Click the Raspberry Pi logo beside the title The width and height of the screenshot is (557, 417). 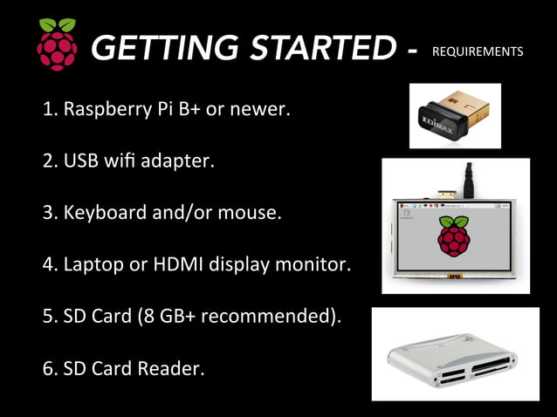tap(57, 45)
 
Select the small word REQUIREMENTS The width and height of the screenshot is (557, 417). tap(478, 51)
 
